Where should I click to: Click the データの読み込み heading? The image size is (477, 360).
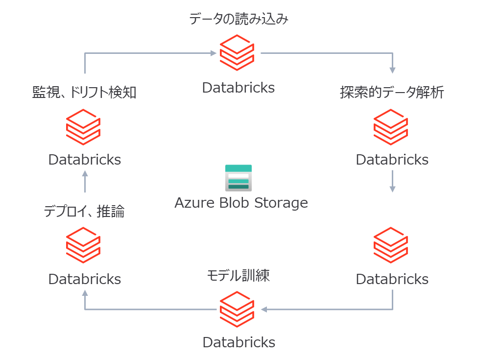(238, 20)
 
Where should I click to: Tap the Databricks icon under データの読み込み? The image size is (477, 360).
(237, 53)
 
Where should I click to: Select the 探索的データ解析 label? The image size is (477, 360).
(392, 93)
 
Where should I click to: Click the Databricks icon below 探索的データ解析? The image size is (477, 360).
(391, 127)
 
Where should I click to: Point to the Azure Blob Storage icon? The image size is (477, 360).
(238, 178)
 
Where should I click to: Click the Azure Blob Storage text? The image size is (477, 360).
(241, 202)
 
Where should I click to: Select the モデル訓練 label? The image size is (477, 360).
(238, 276)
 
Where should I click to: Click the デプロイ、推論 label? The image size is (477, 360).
(84, 212)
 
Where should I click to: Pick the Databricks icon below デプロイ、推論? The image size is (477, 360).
(84, 245)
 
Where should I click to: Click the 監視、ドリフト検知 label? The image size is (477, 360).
(84, 93)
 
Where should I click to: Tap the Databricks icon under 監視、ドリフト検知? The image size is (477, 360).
(84, 127)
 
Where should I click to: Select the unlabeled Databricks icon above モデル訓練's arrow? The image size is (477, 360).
(391, 245)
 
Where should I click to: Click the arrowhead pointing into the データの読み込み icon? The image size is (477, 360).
(214, 53)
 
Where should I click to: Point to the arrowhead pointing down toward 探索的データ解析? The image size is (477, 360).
(392, 71)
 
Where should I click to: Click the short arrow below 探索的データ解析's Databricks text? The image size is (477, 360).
(392, 182)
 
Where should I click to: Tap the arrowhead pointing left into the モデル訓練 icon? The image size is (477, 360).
(264, 309)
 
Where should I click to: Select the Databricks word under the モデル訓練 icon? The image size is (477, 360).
(238, 342)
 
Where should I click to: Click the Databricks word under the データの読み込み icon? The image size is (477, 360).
(238, 88)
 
